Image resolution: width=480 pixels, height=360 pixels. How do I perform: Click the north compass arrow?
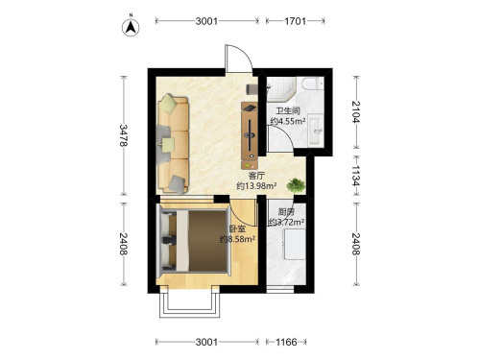point(131,27)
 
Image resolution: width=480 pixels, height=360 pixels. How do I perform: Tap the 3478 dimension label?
point(124,135)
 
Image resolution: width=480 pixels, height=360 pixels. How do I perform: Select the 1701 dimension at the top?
point(295,21)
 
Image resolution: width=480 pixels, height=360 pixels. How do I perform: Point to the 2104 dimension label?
point(356,111)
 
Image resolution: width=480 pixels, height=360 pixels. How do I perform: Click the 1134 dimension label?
point(356,176)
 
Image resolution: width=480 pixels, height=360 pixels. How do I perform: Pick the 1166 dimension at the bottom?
point(286,342)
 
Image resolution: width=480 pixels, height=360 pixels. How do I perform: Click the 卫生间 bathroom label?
point(288,111)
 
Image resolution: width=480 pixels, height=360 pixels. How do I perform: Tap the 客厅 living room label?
point(257,176)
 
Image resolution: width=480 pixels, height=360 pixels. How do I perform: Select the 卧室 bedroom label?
point(237,229)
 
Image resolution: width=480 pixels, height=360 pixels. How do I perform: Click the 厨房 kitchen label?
point(286,212)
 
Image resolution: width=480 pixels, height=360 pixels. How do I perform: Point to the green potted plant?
point(296,185)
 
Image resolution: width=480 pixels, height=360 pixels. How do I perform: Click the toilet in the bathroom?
point(313,84)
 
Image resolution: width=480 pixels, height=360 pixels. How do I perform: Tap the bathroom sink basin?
point(316,131)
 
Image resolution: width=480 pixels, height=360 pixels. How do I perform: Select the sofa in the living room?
point(173,144)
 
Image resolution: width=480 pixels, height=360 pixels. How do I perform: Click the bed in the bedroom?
point(195,241)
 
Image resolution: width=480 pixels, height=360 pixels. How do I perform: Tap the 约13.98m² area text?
point(256,185)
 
